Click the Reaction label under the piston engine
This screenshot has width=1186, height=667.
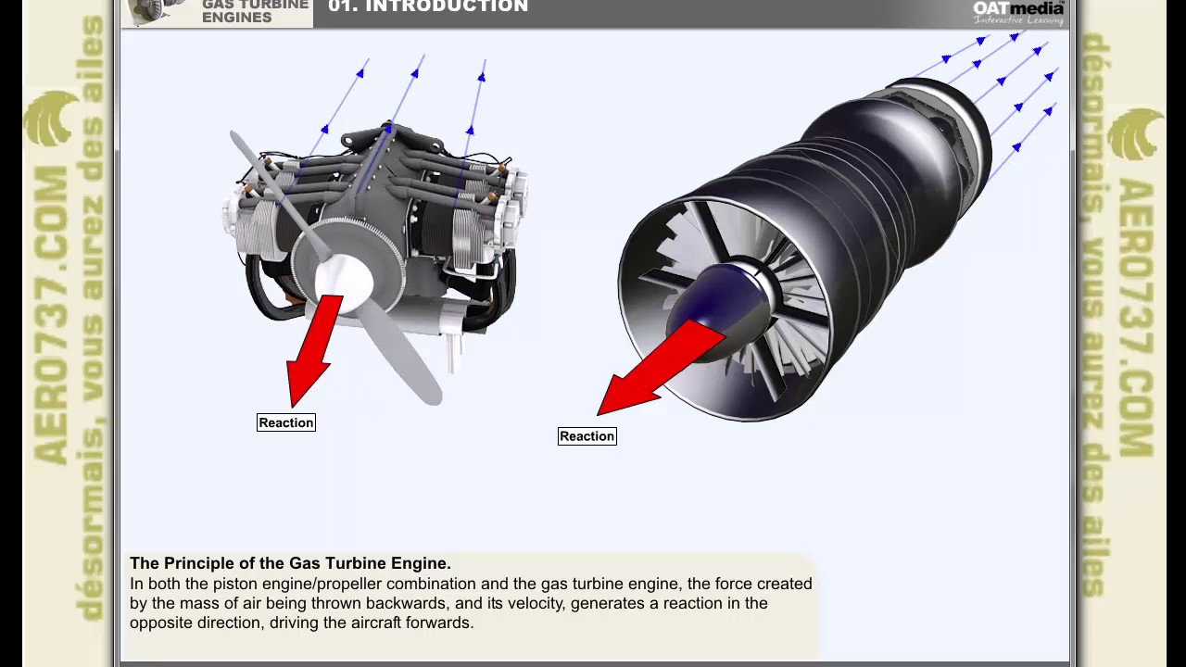click(x=286, y=422)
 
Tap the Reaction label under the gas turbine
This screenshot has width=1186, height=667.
click(x=587, y=436)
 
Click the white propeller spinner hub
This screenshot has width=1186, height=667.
click(x=344, y=277)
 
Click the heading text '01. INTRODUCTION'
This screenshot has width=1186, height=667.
click(x=428, y=7)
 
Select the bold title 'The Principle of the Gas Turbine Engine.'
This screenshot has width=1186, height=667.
click(x=290, y=563)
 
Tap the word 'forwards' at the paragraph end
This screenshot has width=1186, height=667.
click(x=438, y=623)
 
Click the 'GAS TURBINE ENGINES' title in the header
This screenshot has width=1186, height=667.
click(x=255, y=11)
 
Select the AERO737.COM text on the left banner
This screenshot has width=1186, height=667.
click(x=52, y=315)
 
